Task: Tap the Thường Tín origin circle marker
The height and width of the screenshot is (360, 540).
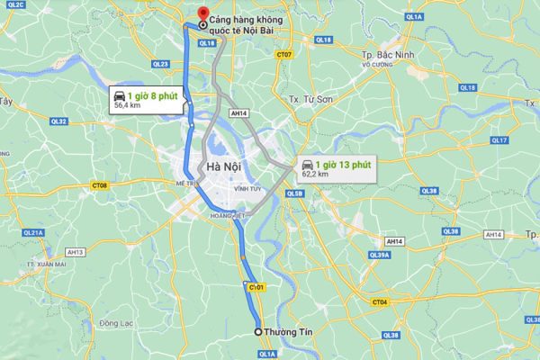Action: (x=258, y=332)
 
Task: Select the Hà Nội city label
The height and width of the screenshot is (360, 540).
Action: (x=221, y=167)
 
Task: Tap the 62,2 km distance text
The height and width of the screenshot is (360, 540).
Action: (x=315, y=174)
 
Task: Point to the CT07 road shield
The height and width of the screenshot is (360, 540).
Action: (x=284, y=55)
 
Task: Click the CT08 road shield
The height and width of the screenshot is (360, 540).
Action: (x=101, y=185)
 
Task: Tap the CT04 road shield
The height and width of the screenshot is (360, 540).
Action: (x=381, y=302)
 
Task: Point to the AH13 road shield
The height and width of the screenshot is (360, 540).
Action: (x=75, y=252)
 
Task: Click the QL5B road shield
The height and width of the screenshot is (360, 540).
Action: (x=293, y=193)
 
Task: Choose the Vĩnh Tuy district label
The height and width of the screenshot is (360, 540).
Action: (x=247, y=190)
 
